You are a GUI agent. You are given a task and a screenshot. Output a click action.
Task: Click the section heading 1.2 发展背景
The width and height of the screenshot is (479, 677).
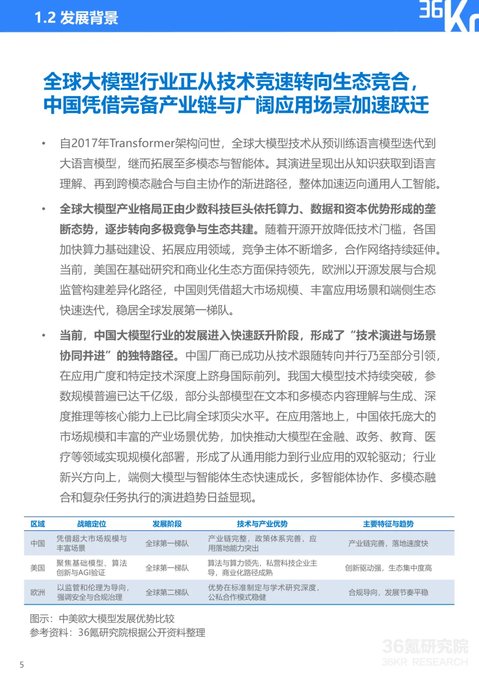(x=76, y=18)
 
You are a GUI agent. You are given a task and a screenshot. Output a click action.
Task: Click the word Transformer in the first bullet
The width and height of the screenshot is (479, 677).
(x=142, y=143)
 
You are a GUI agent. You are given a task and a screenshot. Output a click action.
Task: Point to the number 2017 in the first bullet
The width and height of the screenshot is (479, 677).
(x=84, y=143)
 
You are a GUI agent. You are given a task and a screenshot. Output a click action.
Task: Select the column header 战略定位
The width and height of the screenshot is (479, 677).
(x=92, y=524)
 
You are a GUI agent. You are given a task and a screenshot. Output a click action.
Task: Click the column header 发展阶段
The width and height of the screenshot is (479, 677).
(x=167, y=524)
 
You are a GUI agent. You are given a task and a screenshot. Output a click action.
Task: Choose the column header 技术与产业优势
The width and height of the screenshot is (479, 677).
(x=262, y=524)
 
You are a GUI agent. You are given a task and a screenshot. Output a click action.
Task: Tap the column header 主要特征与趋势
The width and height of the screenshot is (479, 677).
(x=388, y=524)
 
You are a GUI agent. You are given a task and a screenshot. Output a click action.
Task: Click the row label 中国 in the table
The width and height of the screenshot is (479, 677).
(x=38, y=544)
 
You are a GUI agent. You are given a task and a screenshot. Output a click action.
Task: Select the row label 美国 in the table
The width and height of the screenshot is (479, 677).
(x=38, y=568)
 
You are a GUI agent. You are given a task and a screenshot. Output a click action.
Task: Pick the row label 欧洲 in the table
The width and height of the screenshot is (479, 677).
(x=38, y=592)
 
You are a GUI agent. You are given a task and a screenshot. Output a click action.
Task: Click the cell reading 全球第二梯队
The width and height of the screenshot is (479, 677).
(x=167, y=592)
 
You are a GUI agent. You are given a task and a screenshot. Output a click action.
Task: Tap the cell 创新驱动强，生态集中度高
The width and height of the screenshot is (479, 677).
(x=388, y=568)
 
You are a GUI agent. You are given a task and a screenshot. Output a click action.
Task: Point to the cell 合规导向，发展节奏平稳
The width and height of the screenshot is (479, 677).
(x=388, y=592)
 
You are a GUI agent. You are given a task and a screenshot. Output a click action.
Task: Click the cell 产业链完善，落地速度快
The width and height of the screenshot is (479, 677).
(x=388, y=544)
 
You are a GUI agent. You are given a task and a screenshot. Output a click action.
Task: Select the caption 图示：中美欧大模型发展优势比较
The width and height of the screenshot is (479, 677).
(x=102, y=618)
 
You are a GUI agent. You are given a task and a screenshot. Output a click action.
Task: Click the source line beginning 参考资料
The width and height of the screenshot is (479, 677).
(x=117, y=633)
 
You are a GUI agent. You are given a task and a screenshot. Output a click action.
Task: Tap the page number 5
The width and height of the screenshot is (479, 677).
(x=22, y=665)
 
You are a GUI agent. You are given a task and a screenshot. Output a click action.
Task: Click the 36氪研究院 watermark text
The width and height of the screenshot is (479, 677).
(x=424, y=646)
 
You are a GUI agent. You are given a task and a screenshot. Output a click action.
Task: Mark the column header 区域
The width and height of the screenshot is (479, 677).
(x=38, y=524)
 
